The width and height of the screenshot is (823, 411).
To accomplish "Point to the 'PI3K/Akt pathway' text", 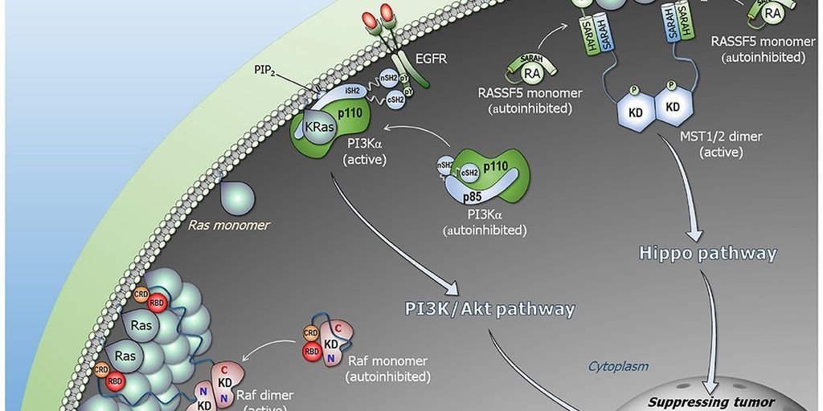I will pyautogui.click(x=490, y=308).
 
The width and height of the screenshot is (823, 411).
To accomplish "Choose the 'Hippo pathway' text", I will pyautogui.click(x=707, y=254).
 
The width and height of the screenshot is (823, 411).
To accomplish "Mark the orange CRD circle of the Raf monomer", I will pyautogui.click(x=311, y=332).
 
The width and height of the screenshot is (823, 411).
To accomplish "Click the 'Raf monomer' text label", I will pyautogui.click(x=388, y=361).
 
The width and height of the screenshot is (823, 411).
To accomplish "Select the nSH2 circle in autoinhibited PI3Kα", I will pyautogui.click(x=445, y=165).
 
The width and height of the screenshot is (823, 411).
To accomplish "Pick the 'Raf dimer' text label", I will pyautogui.click(x=265, y=396).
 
